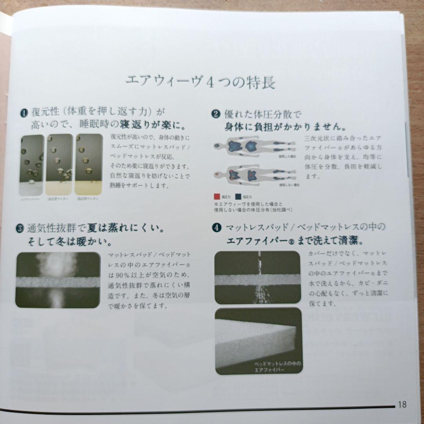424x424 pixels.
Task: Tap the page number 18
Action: pos(402,404)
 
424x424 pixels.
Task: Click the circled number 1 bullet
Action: pos(24,113)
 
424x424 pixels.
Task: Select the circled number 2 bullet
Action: pos(216,115)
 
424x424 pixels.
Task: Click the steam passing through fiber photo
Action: pos(58,280)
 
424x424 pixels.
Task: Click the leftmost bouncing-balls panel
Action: pos(32,164)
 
